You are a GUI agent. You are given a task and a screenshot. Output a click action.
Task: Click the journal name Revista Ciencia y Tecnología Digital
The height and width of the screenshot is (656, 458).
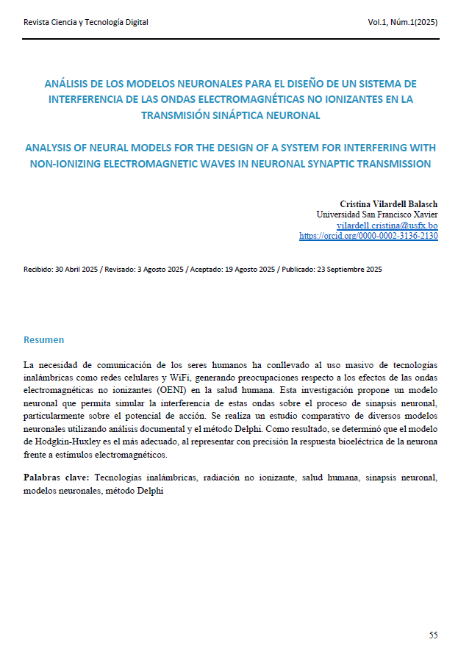pos(86,22)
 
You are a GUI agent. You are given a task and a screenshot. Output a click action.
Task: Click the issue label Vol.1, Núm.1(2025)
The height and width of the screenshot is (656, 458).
pos(403,22)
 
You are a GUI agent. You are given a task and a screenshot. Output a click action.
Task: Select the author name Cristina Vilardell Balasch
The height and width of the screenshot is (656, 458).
pos(389,203)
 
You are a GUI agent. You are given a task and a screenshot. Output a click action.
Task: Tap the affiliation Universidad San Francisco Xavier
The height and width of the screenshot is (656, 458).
pos(376,215)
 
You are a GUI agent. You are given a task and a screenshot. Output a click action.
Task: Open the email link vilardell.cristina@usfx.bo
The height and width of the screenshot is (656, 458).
pos(387,226)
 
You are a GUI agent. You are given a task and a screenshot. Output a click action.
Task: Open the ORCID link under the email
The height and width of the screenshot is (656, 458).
pos(368,237)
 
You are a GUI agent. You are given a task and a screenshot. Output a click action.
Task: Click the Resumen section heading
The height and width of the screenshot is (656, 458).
pos(43,340)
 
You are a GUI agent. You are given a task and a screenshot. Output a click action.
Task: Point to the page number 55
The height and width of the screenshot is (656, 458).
pos(433,634)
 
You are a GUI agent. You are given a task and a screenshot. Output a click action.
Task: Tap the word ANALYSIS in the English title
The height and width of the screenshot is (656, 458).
pos(52,148)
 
